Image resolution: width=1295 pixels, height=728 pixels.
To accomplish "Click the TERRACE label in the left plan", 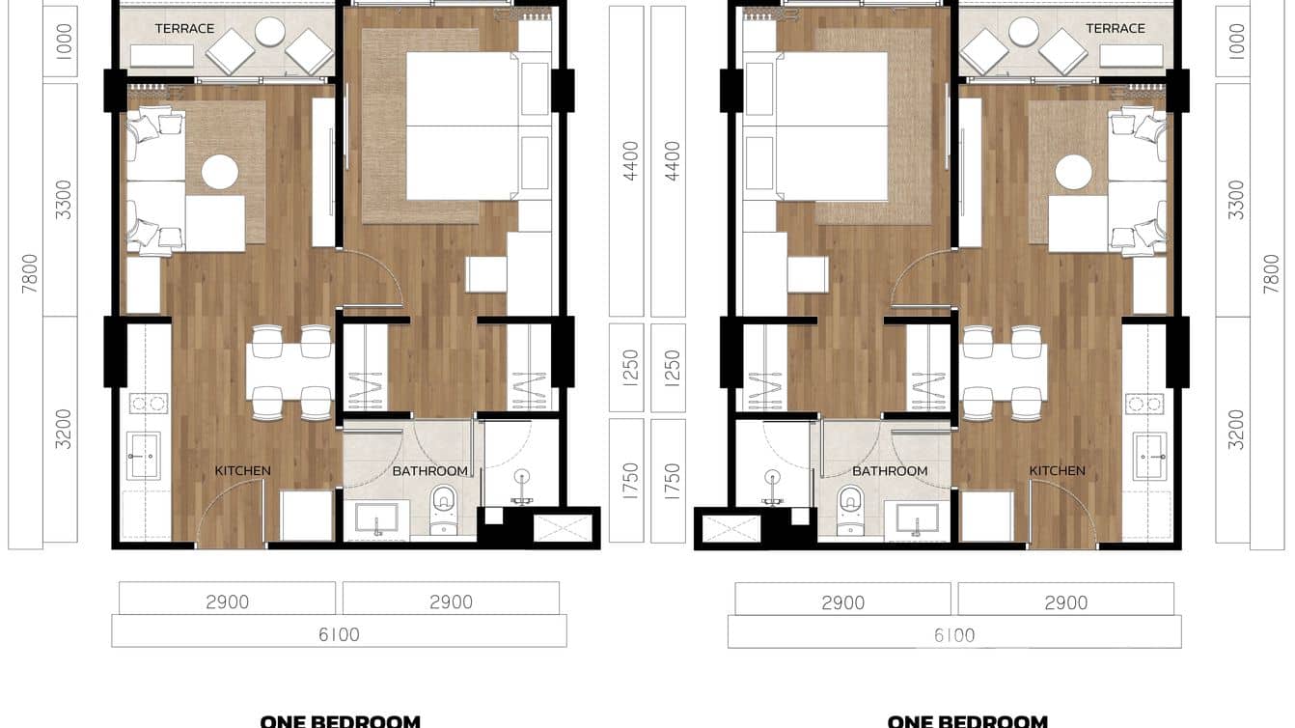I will (x=184, y=29).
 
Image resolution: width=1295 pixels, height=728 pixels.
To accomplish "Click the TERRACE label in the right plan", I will (x=1115, y=29).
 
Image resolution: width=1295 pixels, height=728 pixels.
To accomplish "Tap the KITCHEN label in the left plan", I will (x=242, y=471).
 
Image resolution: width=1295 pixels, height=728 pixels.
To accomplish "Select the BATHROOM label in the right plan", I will (x=890, y=471).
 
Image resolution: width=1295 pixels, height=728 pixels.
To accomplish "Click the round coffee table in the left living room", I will (x=219, y=173).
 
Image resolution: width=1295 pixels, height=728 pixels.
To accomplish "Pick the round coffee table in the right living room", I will (x=1073, y=173).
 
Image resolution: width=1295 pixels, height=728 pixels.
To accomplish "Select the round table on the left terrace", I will (x=270, y=32).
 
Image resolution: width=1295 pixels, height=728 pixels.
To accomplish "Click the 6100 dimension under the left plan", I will (x=339, y=634).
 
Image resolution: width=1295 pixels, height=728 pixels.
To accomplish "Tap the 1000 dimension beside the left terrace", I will (x=64, y=43).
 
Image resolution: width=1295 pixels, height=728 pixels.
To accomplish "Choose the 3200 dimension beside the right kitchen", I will (x=1235, y=430).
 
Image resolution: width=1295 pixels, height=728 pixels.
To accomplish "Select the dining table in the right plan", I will (x=1004, y=372).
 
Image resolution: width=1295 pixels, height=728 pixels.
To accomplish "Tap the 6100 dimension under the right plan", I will (x=953, y=634).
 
